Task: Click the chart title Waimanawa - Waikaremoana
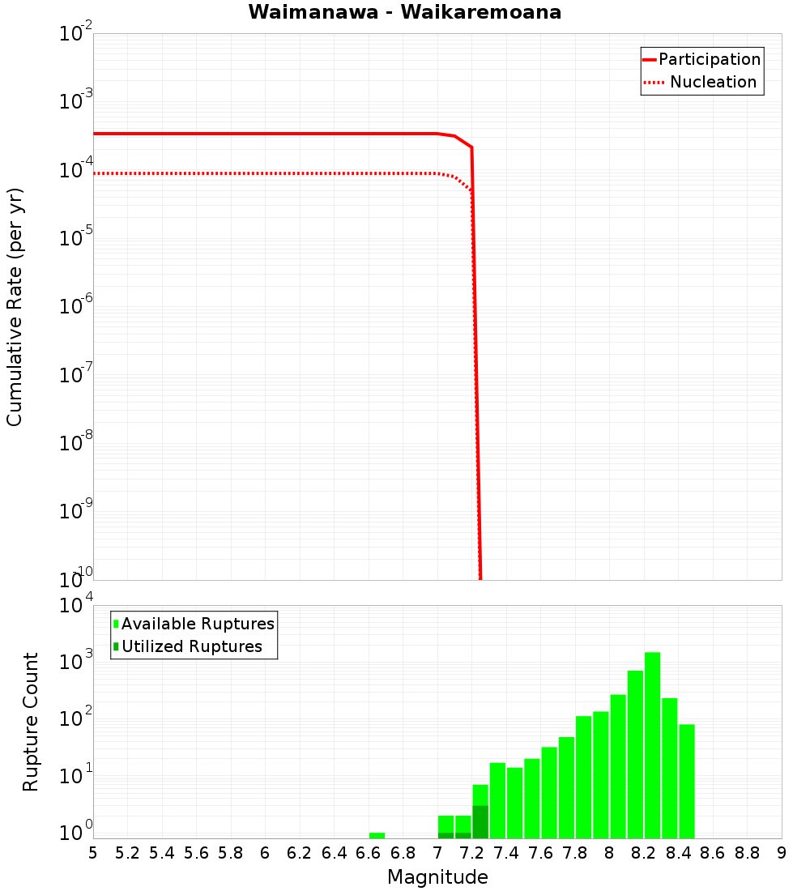pos(405,12)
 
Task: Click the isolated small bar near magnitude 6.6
pos(377,835)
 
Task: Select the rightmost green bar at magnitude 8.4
pos(687,781)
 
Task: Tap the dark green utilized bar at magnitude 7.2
pos(480,821)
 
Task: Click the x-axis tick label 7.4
pos(505,853)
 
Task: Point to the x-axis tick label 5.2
pos(127,853)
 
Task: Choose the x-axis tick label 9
pos(782,853)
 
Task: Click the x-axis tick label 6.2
pos(299,853)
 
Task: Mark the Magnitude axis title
pos(437,877)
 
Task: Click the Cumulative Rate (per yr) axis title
pos(15,306)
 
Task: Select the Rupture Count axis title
pos(31,722)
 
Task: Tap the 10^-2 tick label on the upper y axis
pos(76,34)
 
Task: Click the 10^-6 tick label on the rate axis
pos(76,307)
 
